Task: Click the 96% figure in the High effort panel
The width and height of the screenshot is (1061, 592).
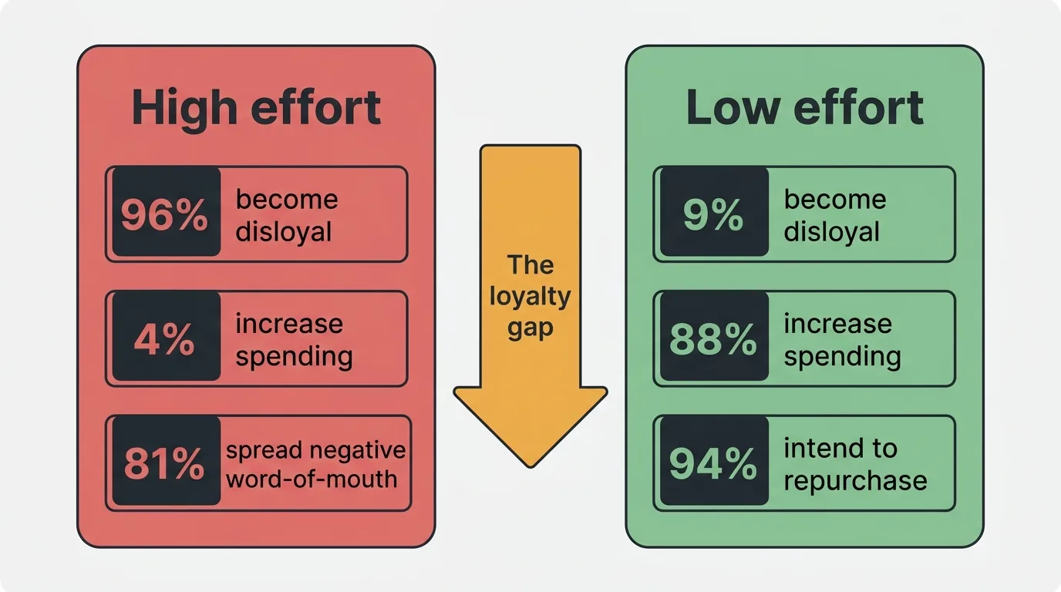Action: click(x=165, y=215)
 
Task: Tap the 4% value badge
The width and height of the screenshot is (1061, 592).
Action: click(x=164, y=339)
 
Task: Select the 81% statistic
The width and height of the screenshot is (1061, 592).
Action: click(x=165, y=463)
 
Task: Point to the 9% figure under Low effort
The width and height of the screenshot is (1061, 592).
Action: click(x=713, y=215)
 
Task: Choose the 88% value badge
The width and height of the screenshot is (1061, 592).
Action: click(x=713, y=339)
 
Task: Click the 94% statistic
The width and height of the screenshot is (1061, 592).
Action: click(x=713, y=463)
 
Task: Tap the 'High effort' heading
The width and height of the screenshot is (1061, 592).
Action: click(x=256, y=108)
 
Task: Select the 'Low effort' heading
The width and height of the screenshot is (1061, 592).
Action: click(x=804, y=108)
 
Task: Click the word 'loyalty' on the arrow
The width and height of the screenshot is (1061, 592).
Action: click(x=530, y=297)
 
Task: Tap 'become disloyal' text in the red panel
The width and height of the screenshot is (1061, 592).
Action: click(x=286, y=215)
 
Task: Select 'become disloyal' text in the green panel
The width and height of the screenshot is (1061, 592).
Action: click(x=834, y=215)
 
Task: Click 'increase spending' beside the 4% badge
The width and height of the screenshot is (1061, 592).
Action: click(x=293, y=339)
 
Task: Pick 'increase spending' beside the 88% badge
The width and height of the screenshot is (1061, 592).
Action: click(x=841, y=339)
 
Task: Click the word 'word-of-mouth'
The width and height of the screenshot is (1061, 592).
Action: click(x=311, y=479)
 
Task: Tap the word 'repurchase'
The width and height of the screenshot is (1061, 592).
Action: click(x=855, y=480)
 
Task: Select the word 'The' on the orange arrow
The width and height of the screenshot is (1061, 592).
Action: click(x=530, y=265)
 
